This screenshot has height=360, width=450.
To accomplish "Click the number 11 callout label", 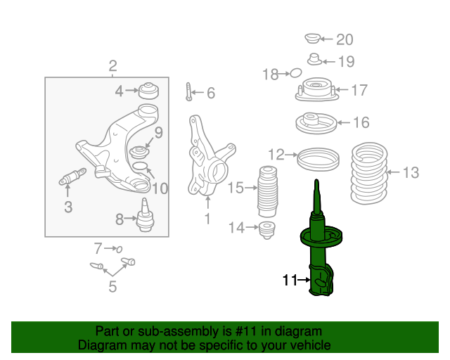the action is click(x=290, y=280).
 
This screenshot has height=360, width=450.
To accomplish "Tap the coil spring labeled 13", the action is click(x=369, y=173).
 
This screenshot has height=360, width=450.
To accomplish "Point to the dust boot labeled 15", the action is click(x=267, y=191).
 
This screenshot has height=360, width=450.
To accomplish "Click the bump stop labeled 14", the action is click(x=267, y=230).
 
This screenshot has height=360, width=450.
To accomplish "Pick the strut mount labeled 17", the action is click(x=316, y=89).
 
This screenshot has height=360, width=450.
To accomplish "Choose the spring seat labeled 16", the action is click(x=316, y=123).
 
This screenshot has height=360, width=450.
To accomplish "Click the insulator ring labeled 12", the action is click(x=318, y=159).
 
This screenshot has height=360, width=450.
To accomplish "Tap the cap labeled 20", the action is click(x=312, y=39).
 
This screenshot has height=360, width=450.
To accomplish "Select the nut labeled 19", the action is click(x=315, y=60).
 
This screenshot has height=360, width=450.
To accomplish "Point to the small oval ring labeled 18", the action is click(x=295, y=73).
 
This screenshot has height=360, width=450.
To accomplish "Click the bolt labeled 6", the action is click(x=188, y=91).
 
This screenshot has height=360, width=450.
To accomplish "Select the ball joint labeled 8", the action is click(x=146, y=215).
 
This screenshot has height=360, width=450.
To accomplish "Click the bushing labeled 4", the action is click(x=149, y=91).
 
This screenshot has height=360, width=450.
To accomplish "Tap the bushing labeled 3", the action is click(x=72, y=176).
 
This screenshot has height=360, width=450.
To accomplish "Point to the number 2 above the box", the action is click(x=112, y=66).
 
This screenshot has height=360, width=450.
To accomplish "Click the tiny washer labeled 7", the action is click(x=120, y=249).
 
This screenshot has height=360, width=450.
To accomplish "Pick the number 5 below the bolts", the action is click(x=112, y=287).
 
